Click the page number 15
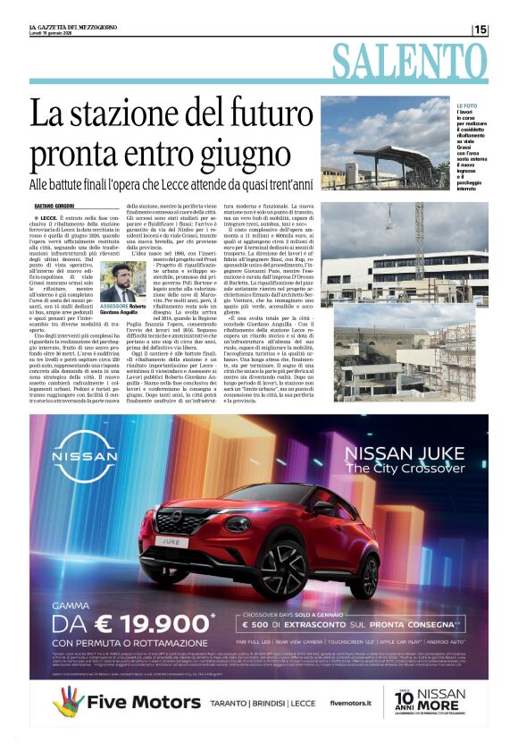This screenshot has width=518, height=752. tap(480, 30)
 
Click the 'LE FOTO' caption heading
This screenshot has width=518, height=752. tap(467, 106)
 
